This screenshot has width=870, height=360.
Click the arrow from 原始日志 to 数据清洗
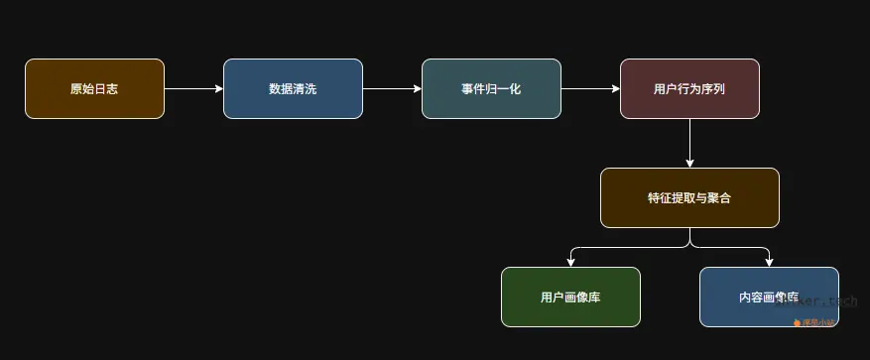(193, 89)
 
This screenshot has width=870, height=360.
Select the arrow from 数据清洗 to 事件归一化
(392, 89)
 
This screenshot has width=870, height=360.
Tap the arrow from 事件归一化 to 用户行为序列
(590, 89)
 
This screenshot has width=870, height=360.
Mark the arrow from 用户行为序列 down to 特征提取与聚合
(689, 143)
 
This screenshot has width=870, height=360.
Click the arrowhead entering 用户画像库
(570, 262)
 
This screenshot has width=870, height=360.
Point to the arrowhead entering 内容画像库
(769, 262)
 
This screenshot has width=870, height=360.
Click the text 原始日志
(94, 89)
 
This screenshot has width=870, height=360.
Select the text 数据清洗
(293, 89)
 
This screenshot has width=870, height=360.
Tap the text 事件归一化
(491, 89)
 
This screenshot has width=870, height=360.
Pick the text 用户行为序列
(689, 89)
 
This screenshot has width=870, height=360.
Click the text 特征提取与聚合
(689, 198)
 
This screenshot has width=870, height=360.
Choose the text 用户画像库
(570, 298)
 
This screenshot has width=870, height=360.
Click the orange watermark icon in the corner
(797, 322)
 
